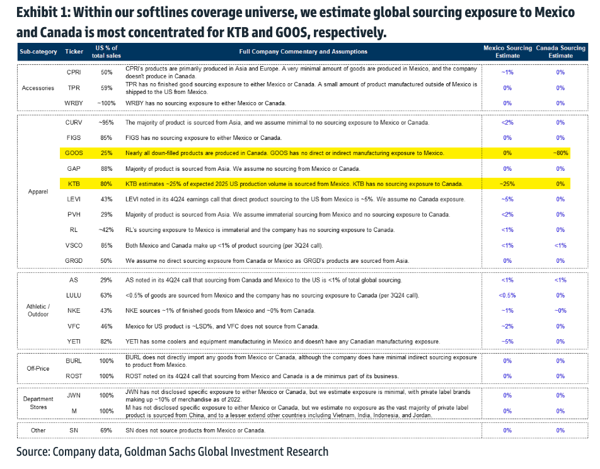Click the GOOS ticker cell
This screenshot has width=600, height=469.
(x=74, y=153)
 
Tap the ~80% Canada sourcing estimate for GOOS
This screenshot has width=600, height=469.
(x=560, y=153)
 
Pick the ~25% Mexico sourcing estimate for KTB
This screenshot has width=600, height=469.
(x=507, y=184)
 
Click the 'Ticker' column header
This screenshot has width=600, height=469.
(x=73, y=52)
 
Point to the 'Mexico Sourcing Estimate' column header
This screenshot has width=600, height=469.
(x=507, y=52)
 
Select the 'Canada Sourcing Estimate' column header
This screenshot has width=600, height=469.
(x=560, y=52)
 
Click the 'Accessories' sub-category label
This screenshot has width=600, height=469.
(x=38, y=88)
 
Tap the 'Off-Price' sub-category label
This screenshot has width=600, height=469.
(x=38, y=369)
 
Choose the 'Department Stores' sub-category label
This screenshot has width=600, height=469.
(x=38, y=403)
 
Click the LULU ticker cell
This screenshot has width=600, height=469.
(x=73, y=295)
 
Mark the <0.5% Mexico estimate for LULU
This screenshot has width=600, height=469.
(x=507, y=295)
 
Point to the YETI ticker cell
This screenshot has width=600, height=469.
(x=73, y=341)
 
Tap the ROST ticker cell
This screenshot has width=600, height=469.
(x=73, y=376)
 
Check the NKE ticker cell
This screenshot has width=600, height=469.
(x=73, y=310)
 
